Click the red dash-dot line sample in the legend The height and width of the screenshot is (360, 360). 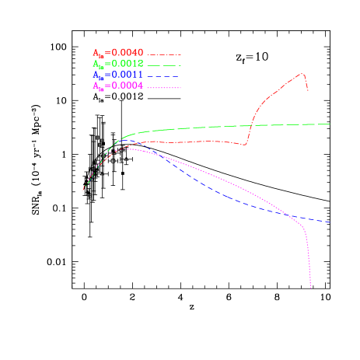164,54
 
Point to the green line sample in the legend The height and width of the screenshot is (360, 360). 164,66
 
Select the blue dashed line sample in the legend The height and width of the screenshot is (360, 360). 164,77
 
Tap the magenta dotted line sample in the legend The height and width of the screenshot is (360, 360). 164,88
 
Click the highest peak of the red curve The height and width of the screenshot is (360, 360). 302,73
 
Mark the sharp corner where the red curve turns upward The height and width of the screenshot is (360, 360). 246,145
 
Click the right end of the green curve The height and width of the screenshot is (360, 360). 330,124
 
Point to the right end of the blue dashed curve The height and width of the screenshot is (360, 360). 330,222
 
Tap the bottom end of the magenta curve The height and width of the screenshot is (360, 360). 311,288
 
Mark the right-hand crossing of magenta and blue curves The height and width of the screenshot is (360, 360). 287,215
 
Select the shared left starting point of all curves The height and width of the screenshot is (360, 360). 82,190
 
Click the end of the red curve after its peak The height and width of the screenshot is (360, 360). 309,91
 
